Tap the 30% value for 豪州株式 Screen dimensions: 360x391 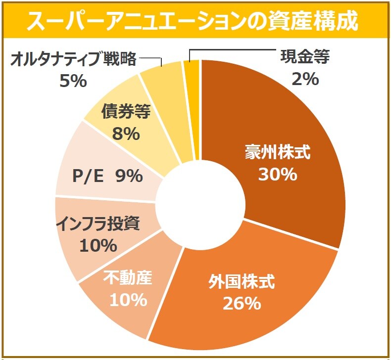click(277, 174)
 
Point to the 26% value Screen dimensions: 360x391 click(242, 303)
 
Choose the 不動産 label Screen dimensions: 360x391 click(128, 278)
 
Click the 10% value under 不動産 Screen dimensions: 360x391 click(128, 299)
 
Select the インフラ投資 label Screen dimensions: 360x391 click(98, 224)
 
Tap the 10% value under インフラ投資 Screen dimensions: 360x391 click(98, 245)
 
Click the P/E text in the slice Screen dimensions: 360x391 click(88, 176)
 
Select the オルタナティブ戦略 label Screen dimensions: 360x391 click(73, 60)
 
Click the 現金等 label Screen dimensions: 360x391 click(305, 57)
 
